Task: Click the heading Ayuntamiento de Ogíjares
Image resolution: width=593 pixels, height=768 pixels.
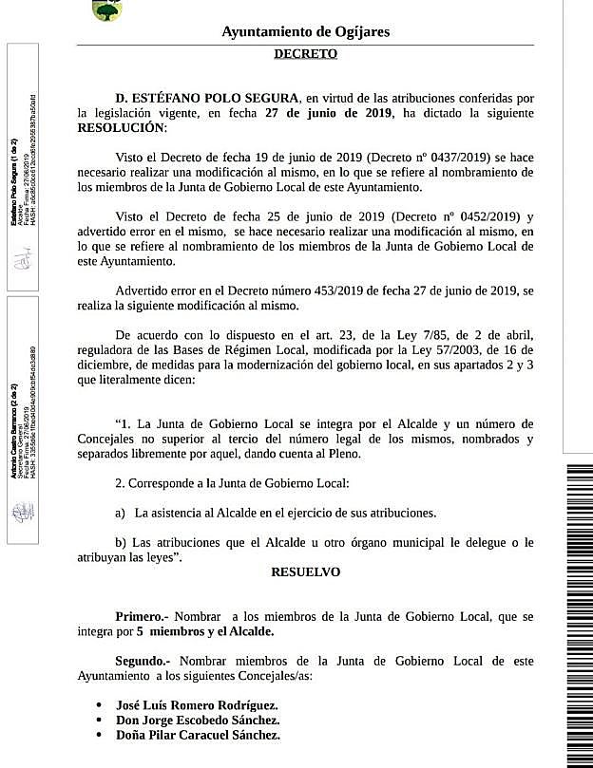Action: click(x=305, y=32)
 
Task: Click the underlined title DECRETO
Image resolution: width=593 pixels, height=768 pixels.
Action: click(x=305, y=54)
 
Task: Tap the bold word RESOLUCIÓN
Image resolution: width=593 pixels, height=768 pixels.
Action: click(x=121, y=126)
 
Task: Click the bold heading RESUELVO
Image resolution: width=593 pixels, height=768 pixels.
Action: click(x=305, y=572)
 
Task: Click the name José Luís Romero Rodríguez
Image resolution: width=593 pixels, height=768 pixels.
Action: click(x=197, y=706)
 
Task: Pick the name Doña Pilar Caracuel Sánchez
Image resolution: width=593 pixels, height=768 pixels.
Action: click(x=198, y=736)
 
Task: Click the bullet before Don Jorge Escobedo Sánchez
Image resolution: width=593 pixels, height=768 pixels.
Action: click(x=100, y=721)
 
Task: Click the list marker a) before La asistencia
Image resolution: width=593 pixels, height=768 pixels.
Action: click(x=121, y=513)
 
